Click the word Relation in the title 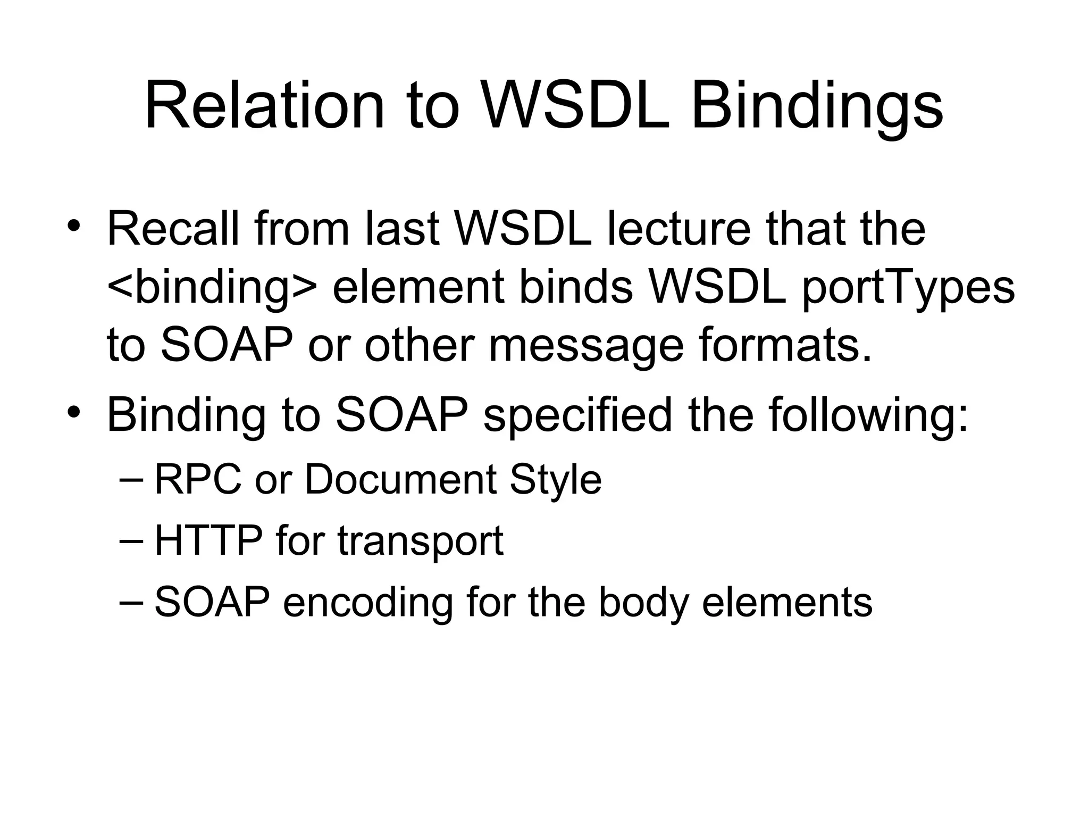click(264, 105)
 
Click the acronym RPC click(197, 480)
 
